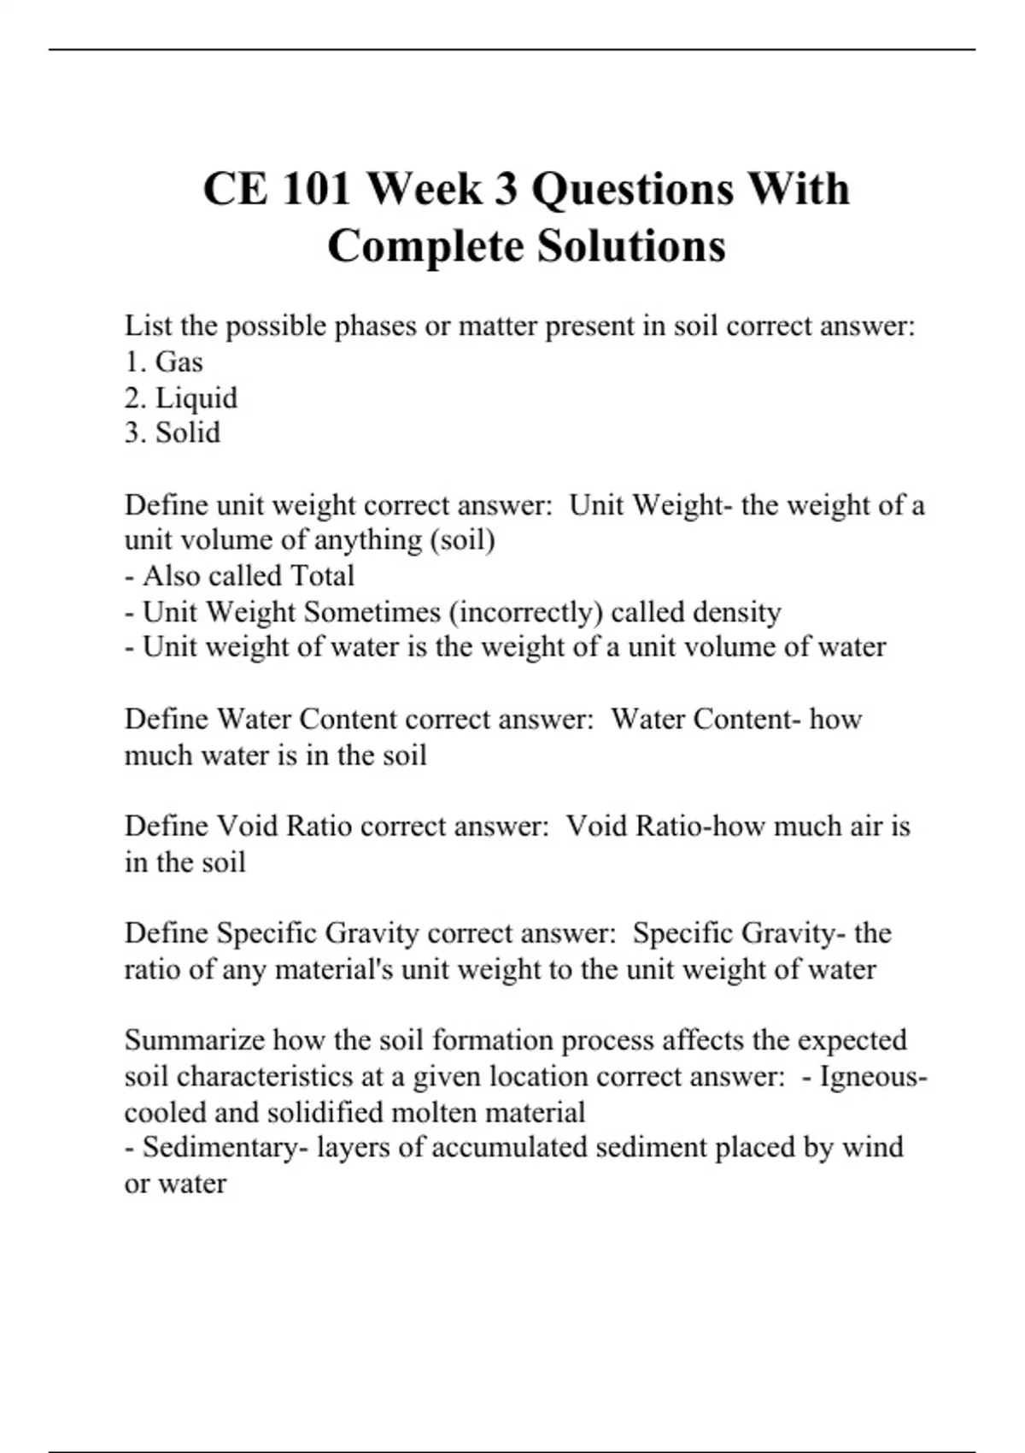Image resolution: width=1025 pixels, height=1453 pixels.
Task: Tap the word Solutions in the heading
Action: (631, 247)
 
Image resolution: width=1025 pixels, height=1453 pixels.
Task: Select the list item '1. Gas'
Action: (164, 362)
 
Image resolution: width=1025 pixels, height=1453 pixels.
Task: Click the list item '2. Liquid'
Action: (181, 398)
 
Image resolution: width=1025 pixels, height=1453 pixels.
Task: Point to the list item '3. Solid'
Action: (173, 433)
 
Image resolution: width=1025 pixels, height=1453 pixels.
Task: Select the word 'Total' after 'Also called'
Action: (322, 576)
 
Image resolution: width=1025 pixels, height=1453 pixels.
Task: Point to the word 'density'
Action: (737, 612)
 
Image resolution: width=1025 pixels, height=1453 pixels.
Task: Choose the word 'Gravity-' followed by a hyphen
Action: (794, 932)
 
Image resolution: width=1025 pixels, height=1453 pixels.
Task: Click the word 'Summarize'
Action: (195, 1040)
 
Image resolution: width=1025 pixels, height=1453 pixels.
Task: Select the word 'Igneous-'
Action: (873, 1076)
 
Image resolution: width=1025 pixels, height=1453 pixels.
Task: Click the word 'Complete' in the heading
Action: (427, 247)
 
